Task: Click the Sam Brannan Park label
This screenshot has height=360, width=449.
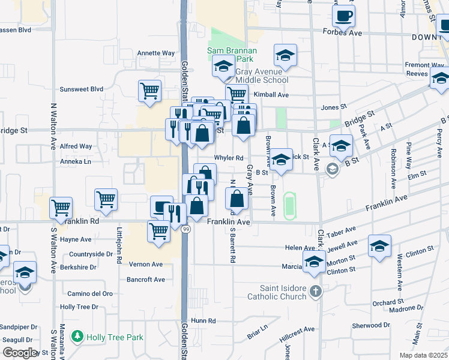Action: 232,55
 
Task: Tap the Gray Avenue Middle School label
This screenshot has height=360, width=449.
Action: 262,80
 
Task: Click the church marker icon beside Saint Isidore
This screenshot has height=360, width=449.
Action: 316,292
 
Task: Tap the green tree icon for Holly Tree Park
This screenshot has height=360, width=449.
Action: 77,337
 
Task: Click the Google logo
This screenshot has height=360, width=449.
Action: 19,353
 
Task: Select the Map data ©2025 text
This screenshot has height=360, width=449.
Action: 424,355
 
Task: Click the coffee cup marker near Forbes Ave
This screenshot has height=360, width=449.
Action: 343,16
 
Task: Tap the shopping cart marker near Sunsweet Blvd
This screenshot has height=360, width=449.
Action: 149,92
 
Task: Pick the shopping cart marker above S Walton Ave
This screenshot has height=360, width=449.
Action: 61,208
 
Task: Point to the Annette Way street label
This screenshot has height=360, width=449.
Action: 155,53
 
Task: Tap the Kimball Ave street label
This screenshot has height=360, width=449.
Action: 271,95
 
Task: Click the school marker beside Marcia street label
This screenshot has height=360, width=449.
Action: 314,262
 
